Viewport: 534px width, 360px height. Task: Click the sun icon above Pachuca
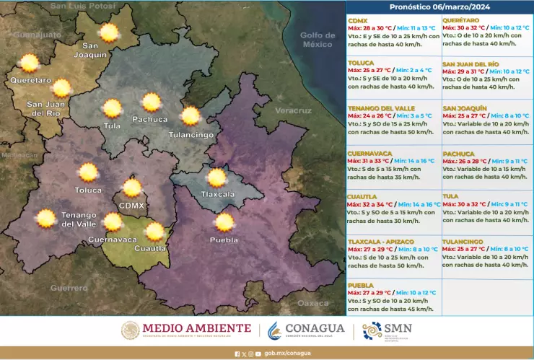tap(151, 102)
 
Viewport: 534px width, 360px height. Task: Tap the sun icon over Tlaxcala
tap(216, 177)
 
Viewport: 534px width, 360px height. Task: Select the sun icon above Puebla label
tap(224, 222)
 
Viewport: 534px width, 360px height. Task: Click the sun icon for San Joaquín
tap(109, 32)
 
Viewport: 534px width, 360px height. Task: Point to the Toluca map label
tap(88, 190)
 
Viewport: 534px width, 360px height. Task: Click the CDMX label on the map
tap(132, 206)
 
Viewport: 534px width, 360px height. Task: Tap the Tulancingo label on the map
tap(191, 135)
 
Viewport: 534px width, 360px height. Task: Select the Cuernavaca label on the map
tap(112, 239)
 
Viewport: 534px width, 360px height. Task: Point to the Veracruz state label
tap(293, 110)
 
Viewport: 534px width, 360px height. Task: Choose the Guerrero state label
tap(69, 287)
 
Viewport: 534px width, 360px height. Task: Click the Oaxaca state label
tap(312, 303)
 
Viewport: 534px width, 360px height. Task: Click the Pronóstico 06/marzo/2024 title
tap(439, 6)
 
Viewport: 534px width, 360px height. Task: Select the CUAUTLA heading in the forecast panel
tap(362, 196)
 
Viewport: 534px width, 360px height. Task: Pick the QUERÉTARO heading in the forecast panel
tap(461, 19)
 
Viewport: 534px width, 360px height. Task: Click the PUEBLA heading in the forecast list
tap(360, 285)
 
